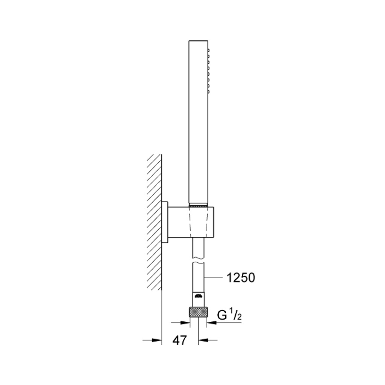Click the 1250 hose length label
241,278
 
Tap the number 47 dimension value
180,340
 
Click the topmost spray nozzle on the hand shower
208,50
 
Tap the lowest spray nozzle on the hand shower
208,92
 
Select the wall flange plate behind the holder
165,223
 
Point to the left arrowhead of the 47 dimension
157,340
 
